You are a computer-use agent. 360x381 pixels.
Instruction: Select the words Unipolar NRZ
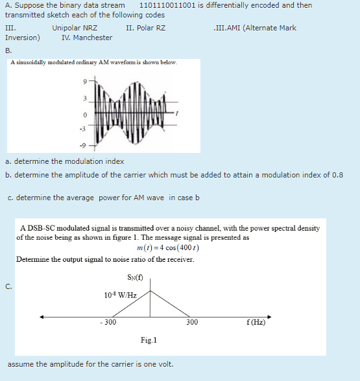pyautogui.click(x=75, y=29)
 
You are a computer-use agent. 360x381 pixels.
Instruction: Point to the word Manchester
pyautogui.click(x=93, y=38)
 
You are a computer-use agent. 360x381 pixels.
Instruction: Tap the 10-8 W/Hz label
pyautogui.click(x=119, y=295)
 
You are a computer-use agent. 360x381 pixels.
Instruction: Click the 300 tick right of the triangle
pyautogui.click(x=191, y=322)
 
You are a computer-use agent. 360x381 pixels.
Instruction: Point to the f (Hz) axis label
pyautogui.click(x=254, y=322)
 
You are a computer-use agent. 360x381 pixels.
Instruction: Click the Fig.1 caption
pyautogui.click(x=149, y=340)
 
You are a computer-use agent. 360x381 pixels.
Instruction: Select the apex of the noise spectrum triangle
pyautogui.click(x=152, y=290)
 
